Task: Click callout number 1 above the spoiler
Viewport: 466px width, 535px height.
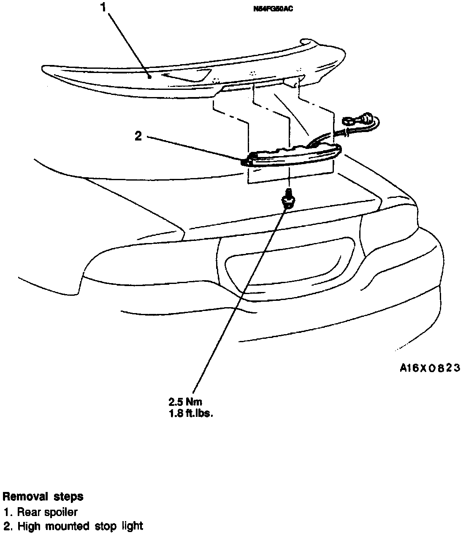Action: coord(103,8)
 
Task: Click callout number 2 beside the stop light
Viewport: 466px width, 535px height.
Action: coord(138,136)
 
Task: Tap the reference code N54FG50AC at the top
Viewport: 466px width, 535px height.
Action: coord(272,8)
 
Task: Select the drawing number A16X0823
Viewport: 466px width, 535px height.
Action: coord(430,368)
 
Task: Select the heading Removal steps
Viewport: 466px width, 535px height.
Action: coord(43,497)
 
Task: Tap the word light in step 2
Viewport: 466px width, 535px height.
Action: coord(132,526)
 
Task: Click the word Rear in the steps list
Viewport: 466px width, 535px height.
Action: coord(27,512)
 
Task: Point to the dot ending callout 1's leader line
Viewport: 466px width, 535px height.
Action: coord(149,77)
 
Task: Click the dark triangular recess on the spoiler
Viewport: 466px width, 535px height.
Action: coord(188,75)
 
